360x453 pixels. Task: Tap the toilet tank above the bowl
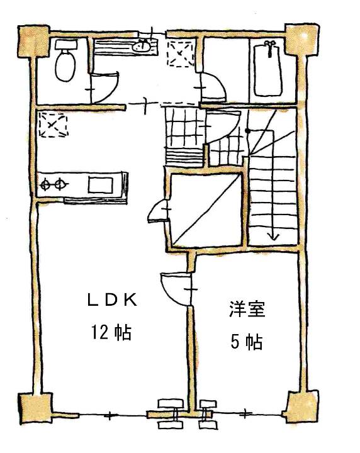(x=66, y=44)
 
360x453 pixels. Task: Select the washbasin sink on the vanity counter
(x=142, y=46)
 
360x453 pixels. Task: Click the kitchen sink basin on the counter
(x=101, y=185)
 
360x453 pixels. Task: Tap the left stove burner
(x=46, y=184)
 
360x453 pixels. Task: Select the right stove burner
(x=60, y=184)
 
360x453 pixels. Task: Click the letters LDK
(x=112, y=301)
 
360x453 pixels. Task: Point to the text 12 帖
(x=111, y=332)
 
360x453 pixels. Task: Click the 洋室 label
(x=247, y=309)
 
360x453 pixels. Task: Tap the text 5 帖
(x=247, y=342)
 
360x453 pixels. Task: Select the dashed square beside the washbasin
(x=181, y=54)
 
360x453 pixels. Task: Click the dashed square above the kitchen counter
(x=53, y=125)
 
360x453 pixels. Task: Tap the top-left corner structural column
(x=34, y=42)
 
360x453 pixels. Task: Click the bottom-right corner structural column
(x=301, y=407)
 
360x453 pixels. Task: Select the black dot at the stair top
(x=247, y=131)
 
